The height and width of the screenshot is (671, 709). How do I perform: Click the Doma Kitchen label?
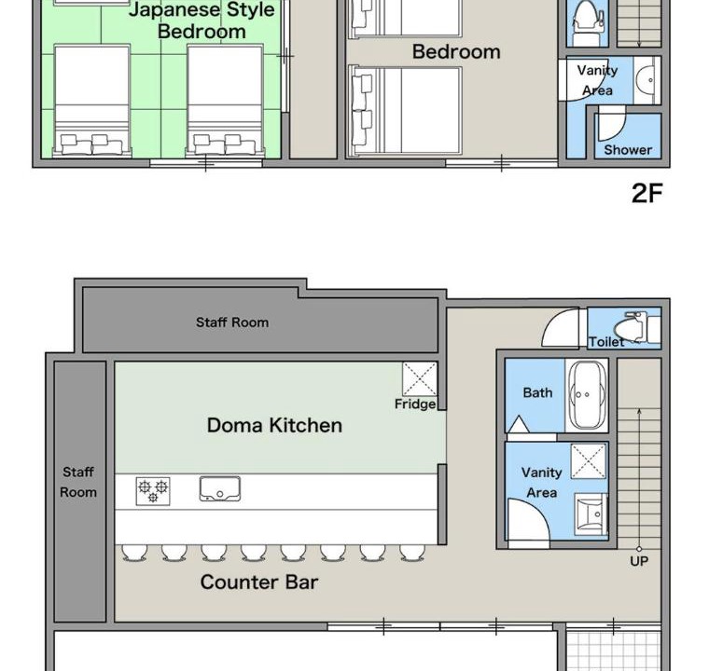click(x=274, y=425)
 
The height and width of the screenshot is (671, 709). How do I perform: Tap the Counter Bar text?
click(x=259, y=582)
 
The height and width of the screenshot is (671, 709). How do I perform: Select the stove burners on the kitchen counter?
click(x=153, y=491)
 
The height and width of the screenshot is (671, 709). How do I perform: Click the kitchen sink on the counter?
click(x=220, y=489)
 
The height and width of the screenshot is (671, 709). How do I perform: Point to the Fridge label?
click(x=415, y=404)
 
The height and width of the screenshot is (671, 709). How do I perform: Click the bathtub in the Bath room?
click(x=587, y=395)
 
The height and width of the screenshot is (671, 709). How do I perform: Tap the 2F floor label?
click(x=647, y=194)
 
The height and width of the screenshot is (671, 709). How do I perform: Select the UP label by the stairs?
click(x=639, y=561)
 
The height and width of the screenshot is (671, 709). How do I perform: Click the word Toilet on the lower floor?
click(x=606, y=342)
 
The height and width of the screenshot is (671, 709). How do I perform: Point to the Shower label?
click(x=628, y=150)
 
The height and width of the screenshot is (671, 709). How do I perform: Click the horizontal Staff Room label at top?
click(x=232, y=322)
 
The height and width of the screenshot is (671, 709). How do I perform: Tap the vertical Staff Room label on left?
click(x=78, y=482)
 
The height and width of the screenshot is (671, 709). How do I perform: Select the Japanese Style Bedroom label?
click(x=202, y=21)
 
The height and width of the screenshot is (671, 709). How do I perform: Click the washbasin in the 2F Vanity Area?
click(x=646, y=80)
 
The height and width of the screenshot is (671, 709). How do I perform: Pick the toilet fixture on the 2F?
click(x=588, y=22)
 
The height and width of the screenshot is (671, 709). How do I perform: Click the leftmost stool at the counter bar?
click(x=134, y=553)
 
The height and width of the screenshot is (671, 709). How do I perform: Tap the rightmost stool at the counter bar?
click(x=412, y=553)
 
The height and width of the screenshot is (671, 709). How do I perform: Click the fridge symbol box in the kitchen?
click(x=420, y=379)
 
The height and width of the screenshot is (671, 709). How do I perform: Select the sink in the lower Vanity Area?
click(x=590, y=514)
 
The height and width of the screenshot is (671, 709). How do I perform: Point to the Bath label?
click(x=537, y=392)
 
